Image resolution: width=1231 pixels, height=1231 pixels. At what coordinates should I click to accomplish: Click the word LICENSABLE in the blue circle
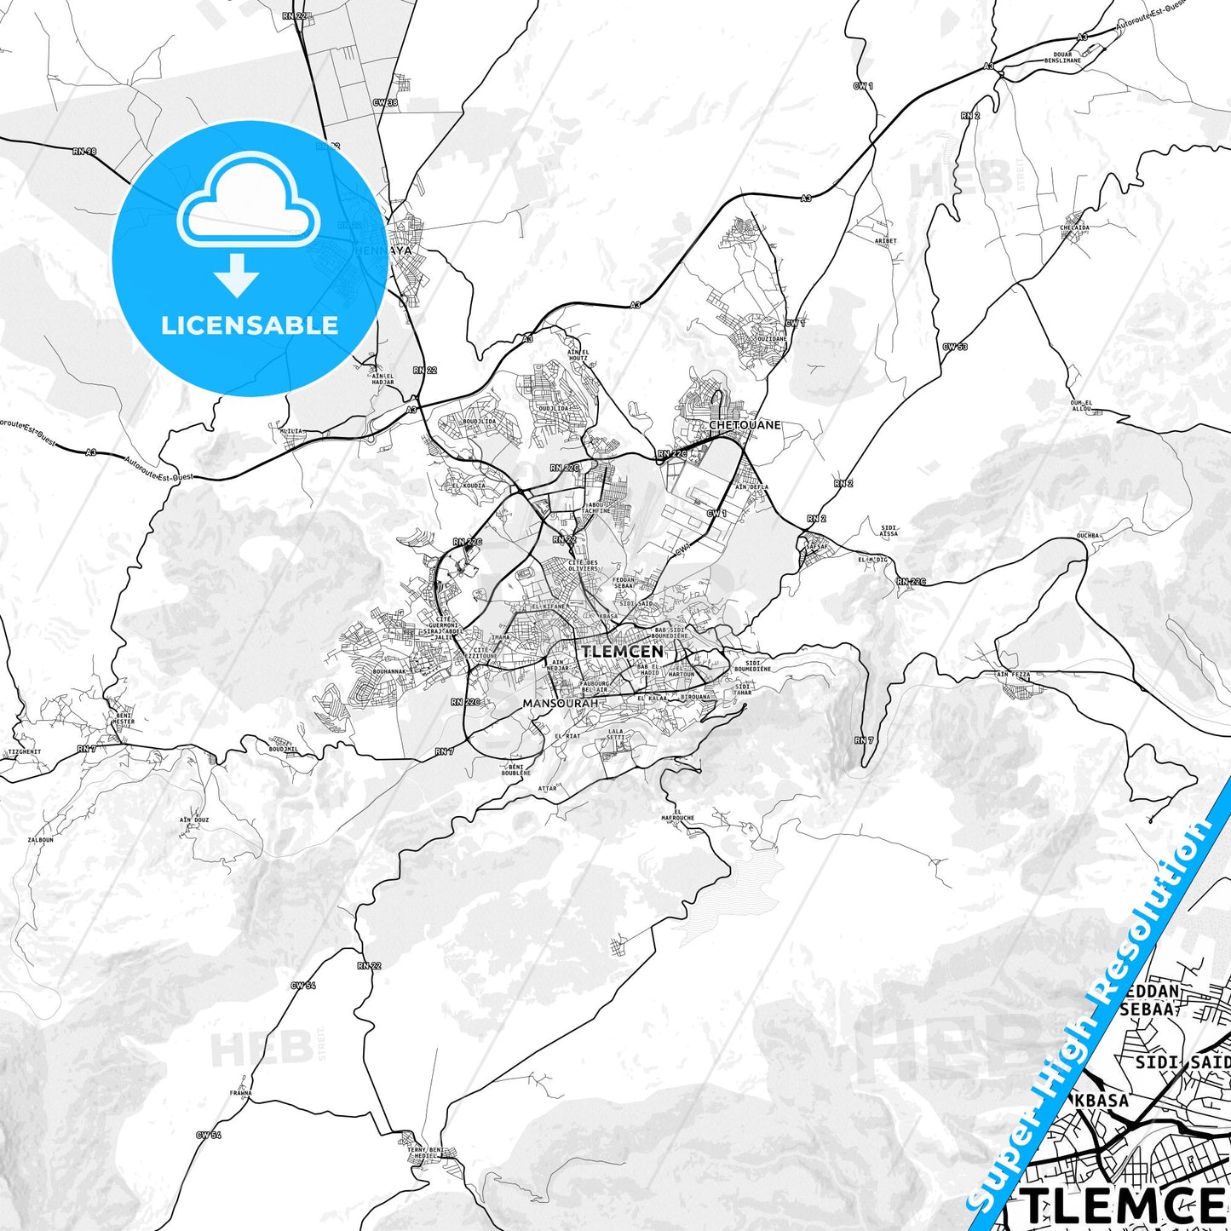(x=250, y=325)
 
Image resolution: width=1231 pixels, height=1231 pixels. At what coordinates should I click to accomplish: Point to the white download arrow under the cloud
(x=237, y=275)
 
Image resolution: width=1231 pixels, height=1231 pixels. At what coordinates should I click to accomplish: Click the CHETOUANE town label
(x=745, y=424)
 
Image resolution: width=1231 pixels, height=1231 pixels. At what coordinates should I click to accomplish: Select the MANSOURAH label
(x=560, y=704)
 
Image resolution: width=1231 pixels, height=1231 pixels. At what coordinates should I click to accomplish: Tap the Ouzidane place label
(x=772, y=339)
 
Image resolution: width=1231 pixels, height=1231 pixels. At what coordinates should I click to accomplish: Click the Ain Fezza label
(x=1013, y=675)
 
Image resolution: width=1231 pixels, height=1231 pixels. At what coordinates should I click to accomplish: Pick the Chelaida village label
(x=1074, y=228)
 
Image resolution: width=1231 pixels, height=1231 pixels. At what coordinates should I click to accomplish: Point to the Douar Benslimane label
(x=1062, y=58)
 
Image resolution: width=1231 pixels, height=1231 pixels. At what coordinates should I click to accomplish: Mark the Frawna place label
(x=240, y=1093)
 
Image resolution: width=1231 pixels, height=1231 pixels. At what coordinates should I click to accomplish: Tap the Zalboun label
(x=41, y=839)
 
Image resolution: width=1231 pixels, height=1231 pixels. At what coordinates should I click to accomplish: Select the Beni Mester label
(x=123, y=718)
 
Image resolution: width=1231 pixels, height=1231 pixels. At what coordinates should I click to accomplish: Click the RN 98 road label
(x=84, y=152)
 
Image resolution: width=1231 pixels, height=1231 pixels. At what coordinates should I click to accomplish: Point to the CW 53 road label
(x=954, y=347)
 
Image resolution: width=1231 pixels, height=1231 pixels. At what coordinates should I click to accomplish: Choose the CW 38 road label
(x=385, y=103)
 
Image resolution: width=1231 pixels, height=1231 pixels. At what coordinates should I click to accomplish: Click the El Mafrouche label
(x=678, y=814)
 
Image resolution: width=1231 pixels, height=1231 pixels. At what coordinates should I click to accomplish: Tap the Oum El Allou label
(x=1081, y=406)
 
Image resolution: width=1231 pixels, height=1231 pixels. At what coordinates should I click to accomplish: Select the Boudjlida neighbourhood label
(x=479, y=421)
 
